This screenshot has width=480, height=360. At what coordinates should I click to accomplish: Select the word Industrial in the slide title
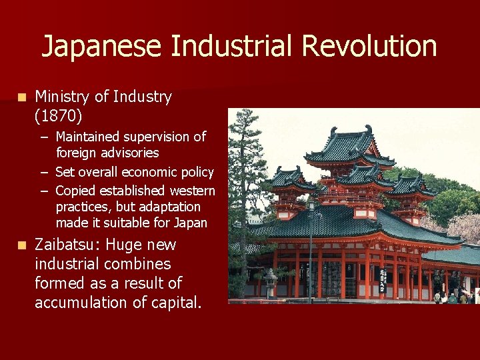click(x=233, y=47)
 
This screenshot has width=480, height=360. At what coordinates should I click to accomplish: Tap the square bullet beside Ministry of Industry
click(x=22, y=97)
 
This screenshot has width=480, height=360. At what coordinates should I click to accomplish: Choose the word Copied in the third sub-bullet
click(x=75, y=191)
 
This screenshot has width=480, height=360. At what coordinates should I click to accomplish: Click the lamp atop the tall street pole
click(x=311, y=205)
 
